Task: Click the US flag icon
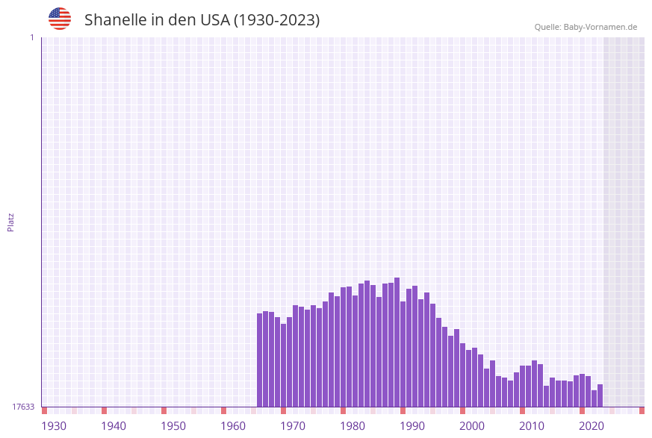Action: (x=60, y=19)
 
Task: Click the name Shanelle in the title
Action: (x=115, y=20)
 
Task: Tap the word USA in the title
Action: (x=215, y=20)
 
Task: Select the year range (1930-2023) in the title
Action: (x=277, y=20)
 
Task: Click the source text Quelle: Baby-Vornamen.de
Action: (x=586, y=27)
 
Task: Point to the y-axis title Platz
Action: (x=11, y=222)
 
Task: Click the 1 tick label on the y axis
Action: (x=31, y=37)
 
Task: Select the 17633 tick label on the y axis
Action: (x=23, y=407)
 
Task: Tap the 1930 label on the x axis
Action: (x=54, y=426)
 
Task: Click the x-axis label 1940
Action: (x=114, y=426)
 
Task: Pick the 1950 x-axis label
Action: (x=173, y=426)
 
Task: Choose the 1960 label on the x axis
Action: (x=233, y=426)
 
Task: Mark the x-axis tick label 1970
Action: (x=293, y=426)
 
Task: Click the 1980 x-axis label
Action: (x=353, y=426)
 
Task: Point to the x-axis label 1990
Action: (x=412, y=426)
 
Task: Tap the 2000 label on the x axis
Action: (x=472, y=426)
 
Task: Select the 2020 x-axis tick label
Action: (x=592, y=426)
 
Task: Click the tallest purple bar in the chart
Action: (x=397, y=342)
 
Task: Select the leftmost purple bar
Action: (x=259, y=360)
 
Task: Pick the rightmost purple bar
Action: (x=600, y=395)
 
